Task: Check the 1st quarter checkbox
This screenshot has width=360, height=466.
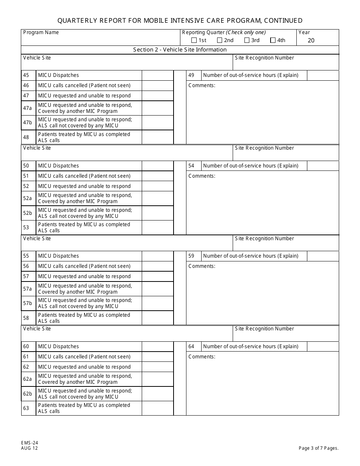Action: [x=194, y=41]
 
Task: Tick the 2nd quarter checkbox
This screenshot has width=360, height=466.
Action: [x=220, y=41]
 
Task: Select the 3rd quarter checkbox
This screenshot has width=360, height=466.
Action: [x=247, y=41]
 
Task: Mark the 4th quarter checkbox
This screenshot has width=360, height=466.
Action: [x=273, y=41]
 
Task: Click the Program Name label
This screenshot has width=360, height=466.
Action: [x=41, y=33]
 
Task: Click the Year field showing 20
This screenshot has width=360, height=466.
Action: [x=311, y=41]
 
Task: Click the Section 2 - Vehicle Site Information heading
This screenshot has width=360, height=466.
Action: [x=180, y=50]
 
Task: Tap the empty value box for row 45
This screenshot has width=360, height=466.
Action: [x=157, y=75]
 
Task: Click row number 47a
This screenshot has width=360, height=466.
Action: [x=28, y=108]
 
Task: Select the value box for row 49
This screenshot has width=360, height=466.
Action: [x=322, y=75]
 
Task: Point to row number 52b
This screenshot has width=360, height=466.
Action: [x=28, y=213]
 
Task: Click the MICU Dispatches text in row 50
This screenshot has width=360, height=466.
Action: [x=58, y=166]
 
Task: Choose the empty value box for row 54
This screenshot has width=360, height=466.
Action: [x=322, y=166]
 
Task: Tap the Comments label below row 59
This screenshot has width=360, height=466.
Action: [x=202, y=266]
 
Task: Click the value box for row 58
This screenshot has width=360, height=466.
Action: [x=157, y=318]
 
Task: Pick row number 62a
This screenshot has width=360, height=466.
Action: [x=28, y=379]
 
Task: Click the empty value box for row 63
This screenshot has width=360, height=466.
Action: [x=157, y=408]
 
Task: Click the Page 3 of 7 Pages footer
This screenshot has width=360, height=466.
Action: [x=318, y=448]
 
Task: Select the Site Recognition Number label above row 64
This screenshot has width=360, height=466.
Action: [x=264, y=329]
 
